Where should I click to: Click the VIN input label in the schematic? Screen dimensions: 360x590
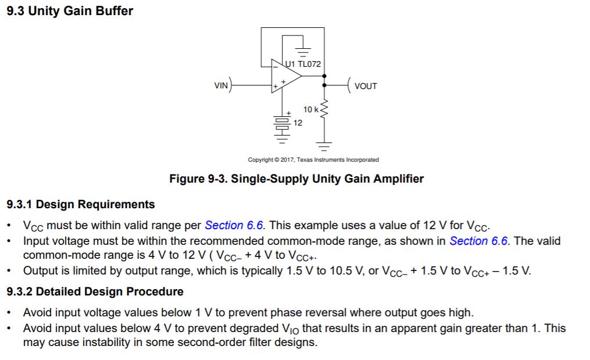[x=221, y=85]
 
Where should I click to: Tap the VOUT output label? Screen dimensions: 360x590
[x=366, y=86]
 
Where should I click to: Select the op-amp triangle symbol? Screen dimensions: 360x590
[x=286, y=76]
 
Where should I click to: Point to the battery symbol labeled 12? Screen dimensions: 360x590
[x=282, y=124]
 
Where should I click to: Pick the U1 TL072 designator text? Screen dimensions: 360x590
[x=303, y=64]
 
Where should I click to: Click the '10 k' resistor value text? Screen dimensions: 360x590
[x=310, y=109]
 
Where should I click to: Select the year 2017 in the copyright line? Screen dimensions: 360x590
[x=288, y=160]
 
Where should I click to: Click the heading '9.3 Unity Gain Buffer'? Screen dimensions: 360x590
[x=70, y=11]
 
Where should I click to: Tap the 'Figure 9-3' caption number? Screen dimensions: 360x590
[x=197, y=179]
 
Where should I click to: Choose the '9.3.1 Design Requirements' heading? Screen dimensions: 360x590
[x=81, y=204]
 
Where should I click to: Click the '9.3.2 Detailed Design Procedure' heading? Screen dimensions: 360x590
[x=95, y=291]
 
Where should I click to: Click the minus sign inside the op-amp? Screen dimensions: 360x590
[x=275, y=67]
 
